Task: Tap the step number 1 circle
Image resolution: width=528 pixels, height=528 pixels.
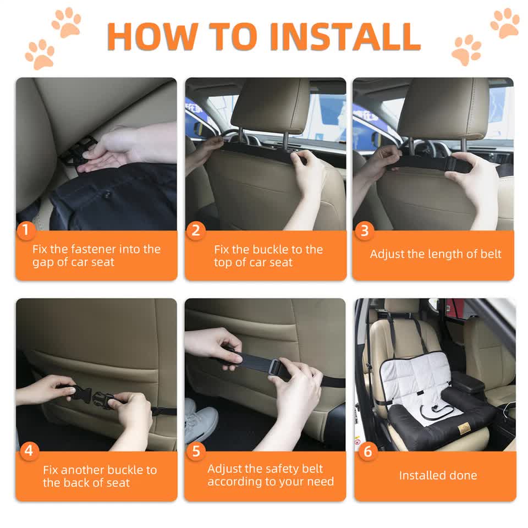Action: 25,230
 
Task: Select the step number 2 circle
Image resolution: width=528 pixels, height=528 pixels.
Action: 195,230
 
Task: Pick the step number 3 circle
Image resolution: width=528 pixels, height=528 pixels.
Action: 364,230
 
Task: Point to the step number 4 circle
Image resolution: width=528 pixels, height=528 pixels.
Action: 28,451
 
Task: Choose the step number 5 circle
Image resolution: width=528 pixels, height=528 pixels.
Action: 195,451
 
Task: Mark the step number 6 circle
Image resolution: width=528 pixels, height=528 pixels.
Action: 367,452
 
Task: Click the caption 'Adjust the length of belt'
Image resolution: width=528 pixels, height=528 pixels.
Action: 436,254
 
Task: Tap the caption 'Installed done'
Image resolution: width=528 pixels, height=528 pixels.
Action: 438,475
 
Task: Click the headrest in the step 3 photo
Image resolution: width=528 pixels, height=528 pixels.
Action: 443,107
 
